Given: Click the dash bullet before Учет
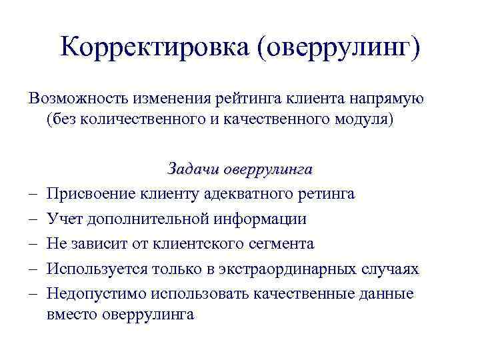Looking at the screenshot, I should point(33,219).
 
